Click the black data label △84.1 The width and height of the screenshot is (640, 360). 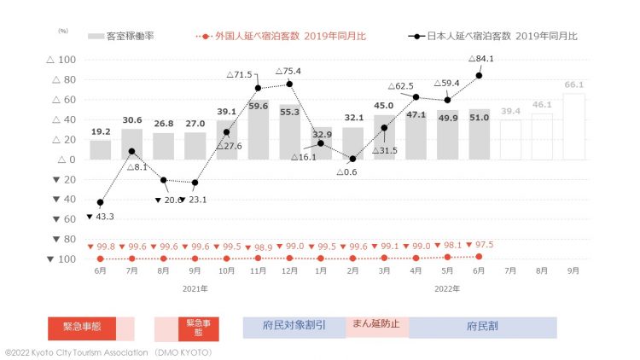click(484, 59)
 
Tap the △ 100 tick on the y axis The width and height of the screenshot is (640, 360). click(65, 60)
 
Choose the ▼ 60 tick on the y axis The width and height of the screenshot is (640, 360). click(67, 219)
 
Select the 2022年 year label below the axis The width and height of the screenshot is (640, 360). click(447, 288)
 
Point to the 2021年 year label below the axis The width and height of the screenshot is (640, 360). click(195, 288)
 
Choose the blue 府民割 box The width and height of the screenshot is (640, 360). click(482, 328)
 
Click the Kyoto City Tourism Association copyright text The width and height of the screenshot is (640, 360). click(108, 351)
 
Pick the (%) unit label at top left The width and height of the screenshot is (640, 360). click(62, 31)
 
